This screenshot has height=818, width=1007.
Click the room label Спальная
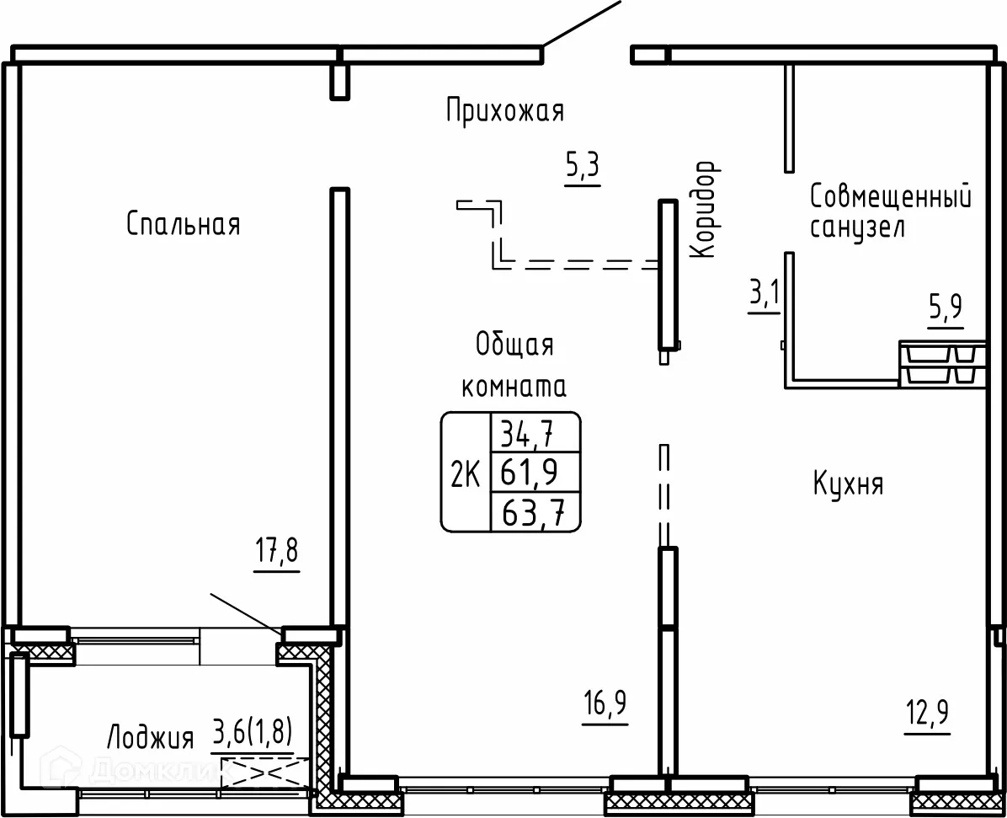click(183, 224)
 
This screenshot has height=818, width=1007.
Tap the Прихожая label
click(505, 110)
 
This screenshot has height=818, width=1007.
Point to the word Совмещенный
click(890, 196)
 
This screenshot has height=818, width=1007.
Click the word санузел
click(857, 228)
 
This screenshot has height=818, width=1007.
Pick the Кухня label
click(848, 484)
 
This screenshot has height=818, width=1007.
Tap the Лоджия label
click(150, 737)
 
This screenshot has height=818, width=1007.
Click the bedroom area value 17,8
click(277, 552)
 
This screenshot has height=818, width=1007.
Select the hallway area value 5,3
click(583, 166)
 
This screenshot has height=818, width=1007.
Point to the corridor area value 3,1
click(765, 294)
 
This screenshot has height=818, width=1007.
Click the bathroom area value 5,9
click(946, 308)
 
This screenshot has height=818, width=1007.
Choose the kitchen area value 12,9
click(927, 713)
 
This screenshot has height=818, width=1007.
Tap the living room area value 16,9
click(605, 703)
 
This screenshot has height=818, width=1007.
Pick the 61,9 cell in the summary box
click(530, 473)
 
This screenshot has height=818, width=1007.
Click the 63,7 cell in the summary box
click(532, 513)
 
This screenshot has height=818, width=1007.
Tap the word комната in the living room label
click(514, 387)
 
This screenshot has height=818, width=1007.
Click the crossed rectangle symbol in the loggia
click(265, 773)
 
